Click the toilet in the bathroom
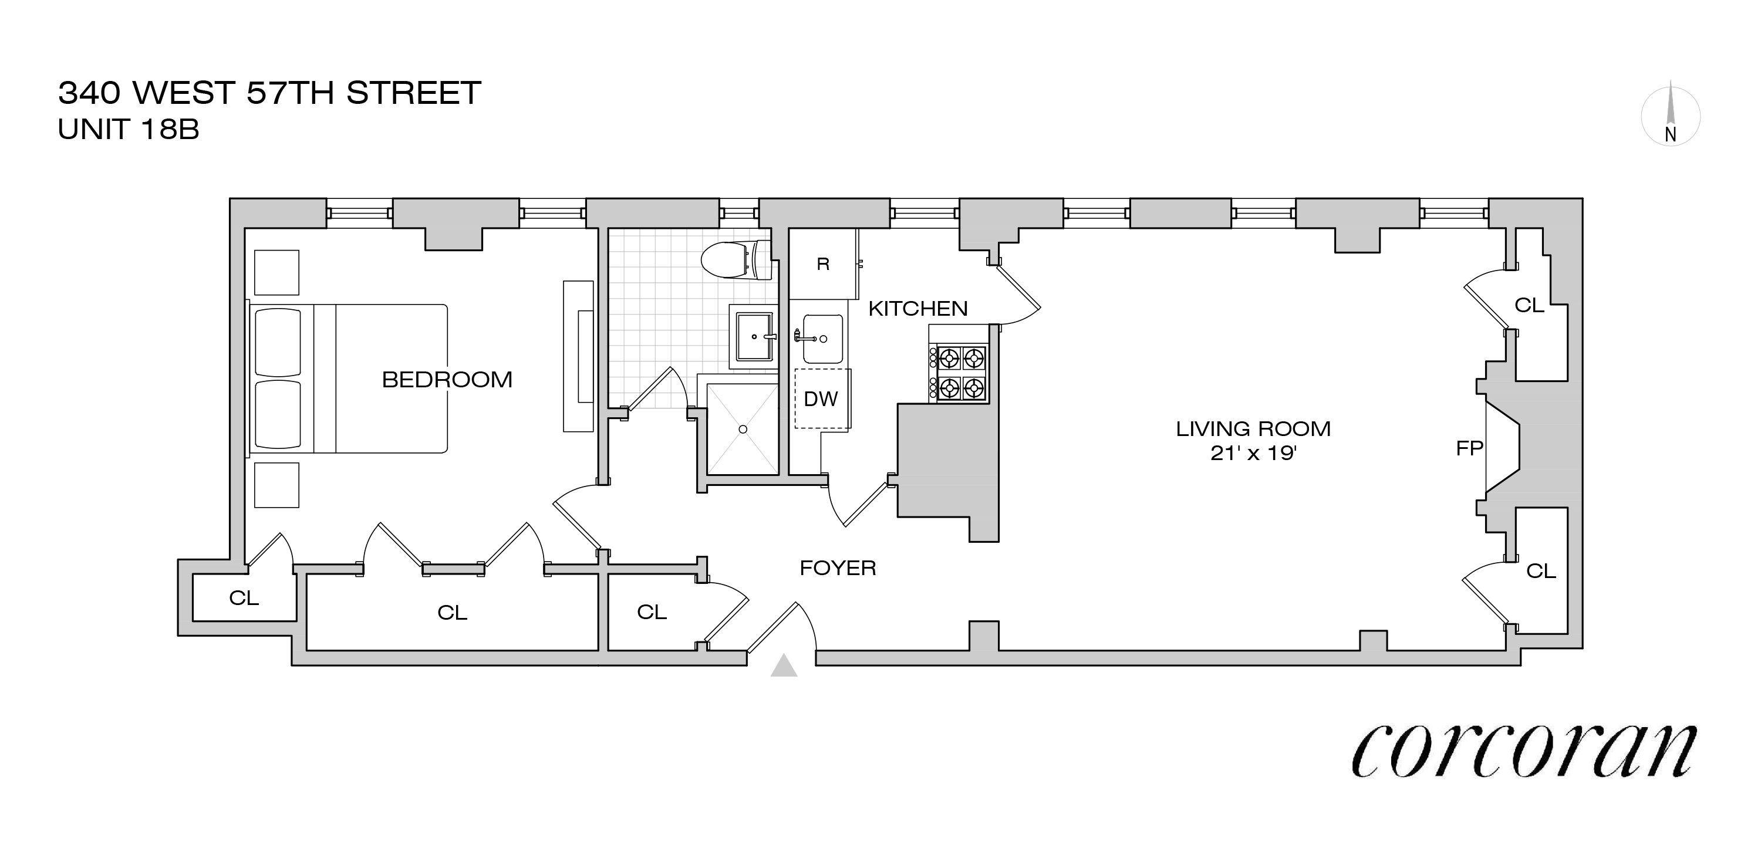coord(736,261)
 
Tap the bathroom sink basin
coord(754,336)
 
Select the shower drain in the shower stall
coord(743,429)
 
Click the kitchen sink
coord(822,339)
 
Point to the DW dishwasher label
coord(821,399)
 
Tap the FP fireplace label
coord(1469,448)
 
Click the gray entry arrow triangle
coord(784,666)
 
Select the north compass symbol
coord(1671,116)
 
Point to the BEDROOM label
coord(447,380)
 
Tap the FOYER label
coord(838,568)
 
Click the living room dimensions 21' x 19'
coord(1253,453)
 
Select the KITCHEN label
coord(917,309)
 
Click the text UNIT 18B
coord(129,130)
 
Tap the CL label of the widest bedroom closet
coord(452,613)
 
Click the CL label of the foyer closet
coord(652,612)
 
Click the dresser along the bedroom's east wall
coord(578,356)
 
